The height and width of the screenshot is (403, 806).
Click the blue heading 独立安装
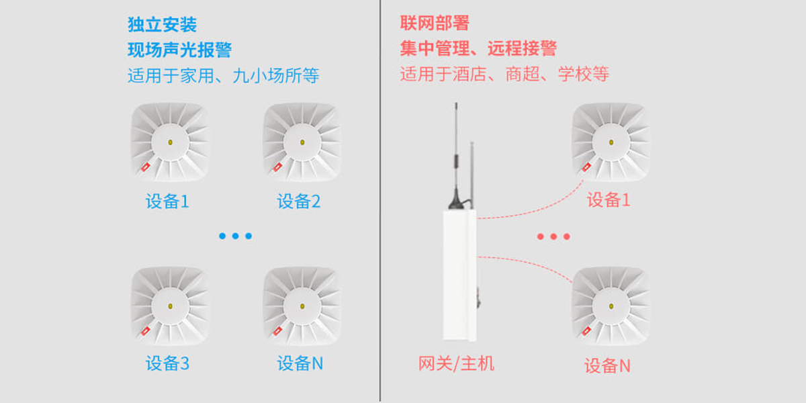coord(162,25)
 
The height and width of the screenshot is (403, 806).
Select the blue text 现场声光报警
coord(179,50)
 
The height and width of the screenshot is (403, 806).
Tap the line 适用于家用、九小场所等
coord(223,75)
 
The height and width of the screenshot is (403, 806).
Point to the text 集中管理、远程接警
coord(478,48)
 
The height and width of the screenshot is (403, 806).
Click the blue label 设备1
coord(167,201)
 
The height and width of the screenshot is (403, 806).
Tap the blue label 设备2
coord(299,201)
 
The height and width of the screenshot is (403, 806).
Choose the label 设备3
coord(167,363)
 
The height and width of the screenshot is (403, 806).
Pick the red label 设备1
coord(609,199)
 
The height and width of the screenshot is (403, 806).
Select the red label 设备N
coord(607,366)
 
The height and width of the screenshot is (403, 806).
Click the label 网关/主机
coord(456,363)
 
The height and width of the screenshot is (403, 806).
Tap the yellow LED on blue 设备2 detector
coord(302,142)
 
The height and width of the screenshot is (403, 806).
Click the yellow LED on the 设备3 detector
coord(170,306)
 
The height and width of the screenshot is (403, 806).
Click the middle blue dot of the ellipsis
coord(235,236)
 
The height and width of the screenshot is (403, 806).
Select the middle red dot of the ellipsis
coord(553,236)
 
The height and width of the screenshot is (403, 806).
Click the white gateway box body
coord(459,275)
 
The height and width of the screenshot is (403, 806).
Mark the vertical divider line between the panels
coord(380,201)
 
